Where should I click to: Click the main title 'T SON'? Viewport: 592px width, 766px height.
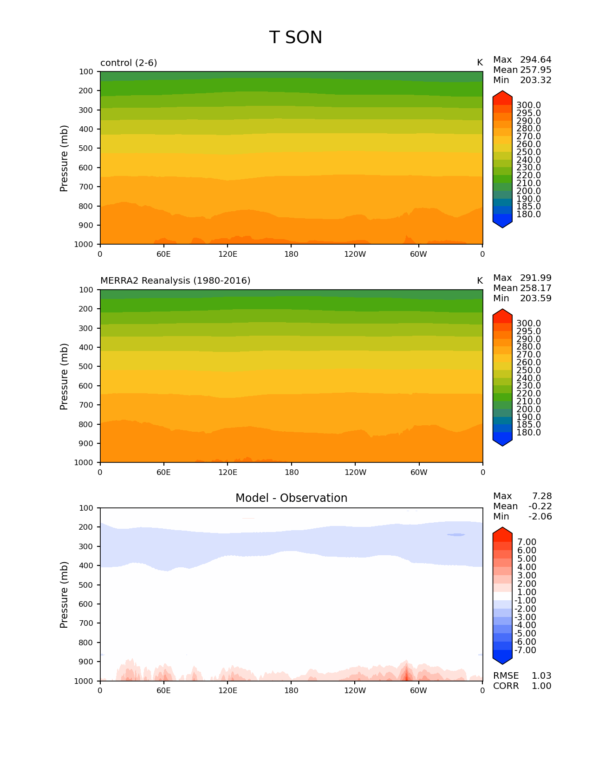(x=295, y=38)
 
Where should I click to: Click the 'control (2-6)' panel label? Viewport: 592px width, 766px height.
(x=129, y=63)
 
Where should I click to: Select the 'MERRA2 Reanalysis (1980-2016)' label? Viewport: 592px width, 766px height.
(x=175, y=281)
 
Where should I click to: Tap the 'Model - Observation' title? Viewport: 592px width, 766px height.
(x=291, y=498)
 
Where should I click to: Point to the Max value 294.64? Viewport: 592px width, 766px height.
(x=535, y=60)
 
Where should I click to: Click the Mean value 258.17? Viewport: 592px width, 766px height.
(x=535, y=288)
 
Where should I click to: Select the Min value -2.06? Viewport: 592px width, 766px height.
(x=540, y=517)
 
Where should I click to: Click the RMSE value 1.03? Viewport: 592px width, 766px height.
(x=541, y=676)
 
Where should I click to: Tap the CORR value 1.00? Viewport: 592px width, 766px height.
(x=541, y=686)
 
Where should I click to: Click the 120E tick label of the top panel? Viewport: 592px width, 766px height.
(x=228, y=254)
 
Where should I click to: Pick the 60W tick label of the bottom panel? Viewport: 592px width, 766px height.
(x=419, y=691)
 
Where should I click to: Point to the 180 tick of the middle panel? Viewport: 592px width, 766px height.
(x=291, y=473)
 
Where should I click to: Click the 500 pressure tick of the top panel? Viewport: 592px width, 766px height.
(x=86, y=149)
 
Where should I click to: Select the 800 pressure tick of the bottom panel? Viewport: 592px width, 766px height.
(x=86, y=643)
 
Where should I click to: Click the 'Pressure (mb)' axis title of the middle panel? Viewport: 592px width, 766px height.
(x=64, y=376)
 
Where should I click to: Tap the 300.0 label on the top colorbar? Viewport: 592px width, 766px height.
(x=528, y=105)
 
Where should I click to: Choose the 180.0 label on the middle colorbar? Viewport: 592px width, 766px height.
(x=528, y=433)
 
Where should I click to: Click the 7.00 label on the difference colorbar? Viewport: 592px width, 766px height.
(x=527, y=542)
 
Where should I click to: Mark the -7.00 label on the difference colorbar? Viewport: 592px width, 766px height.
(x=526, y=650)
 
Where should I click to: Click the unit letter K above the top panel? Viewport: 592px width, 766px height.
(x=480, y=63)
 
